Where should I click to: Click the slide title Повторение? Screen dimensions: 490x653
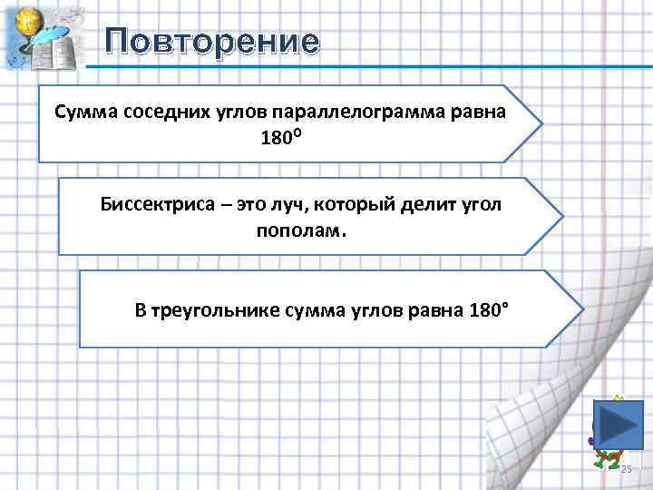pos(211,42)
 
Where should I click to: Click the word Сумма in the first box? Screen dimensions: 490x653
pos(83,112)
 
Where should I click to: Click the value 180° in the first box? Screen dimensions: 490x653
pos(281,140)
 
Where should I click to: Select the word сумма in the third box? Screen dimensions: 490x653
pos(314,311)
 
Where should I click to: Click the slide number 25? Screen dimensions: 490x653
pos(626,469)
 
